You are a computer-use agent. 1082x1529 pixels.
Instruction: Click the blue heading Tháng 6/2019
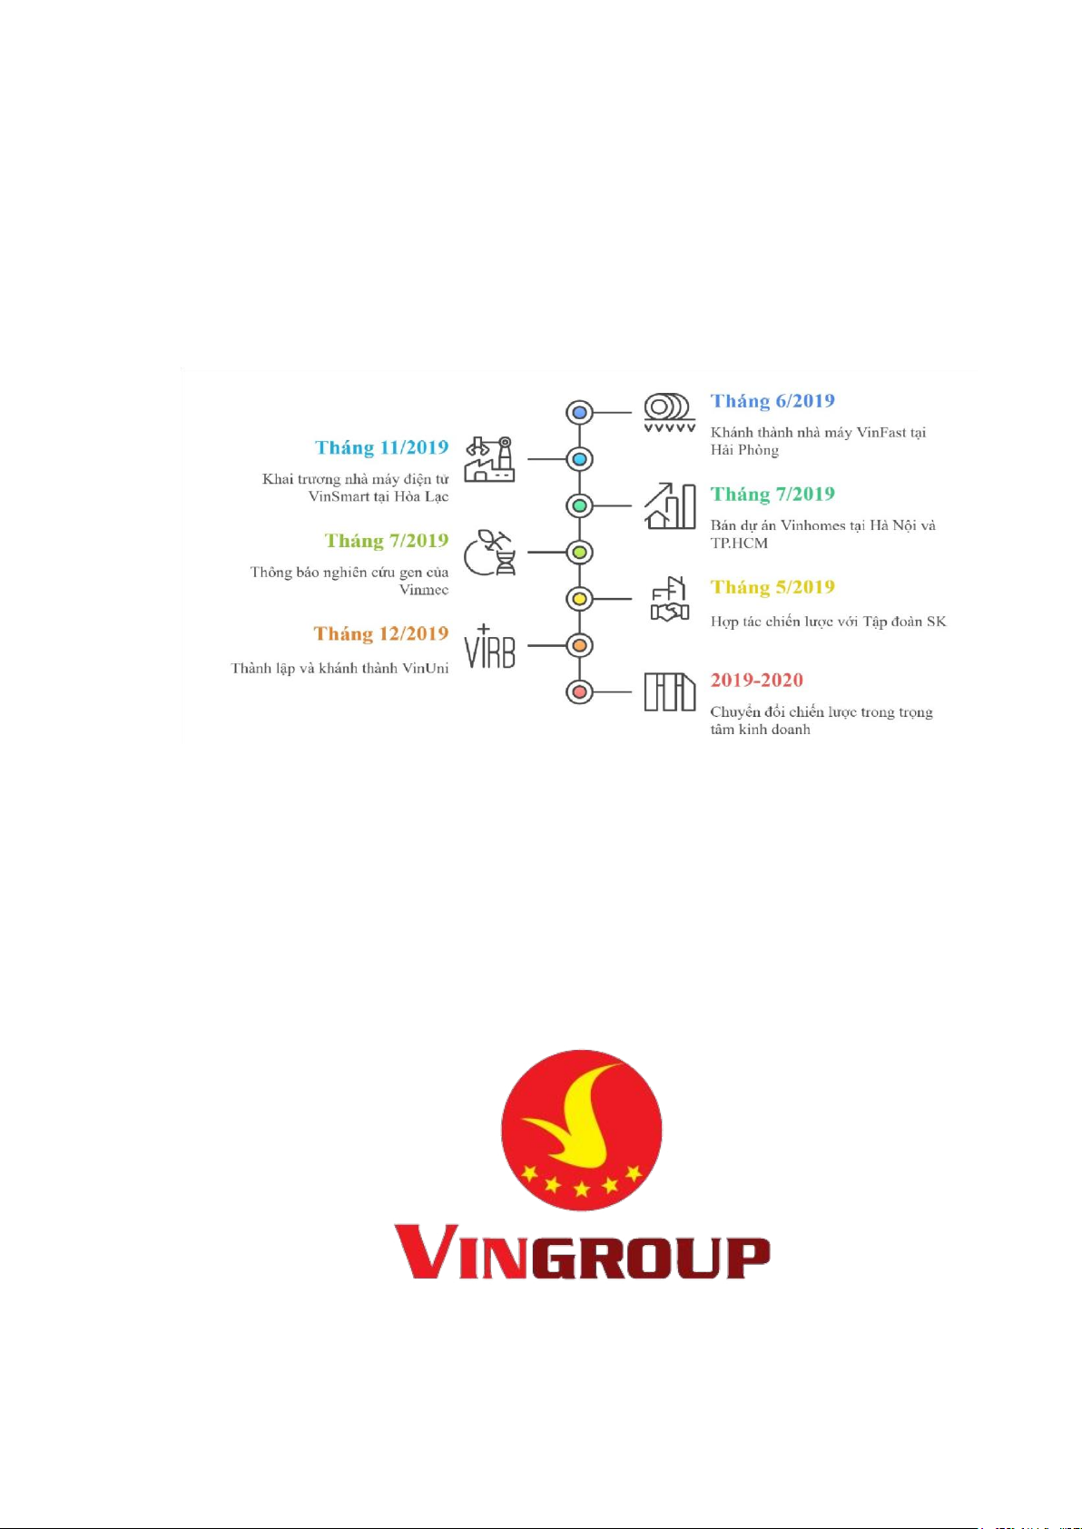coord(772,401)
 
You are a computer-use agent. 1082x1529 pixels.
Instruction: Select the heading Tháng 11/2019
coord(381,447)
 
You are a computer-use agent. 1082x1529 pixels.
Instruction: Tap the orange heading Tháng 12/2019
coord(381,633)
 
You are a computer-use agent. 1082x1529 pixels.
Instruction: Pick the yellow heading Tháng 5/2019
coord(772,587)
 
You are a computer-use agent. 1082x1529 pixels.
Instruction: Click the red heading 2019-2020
coord(756,680)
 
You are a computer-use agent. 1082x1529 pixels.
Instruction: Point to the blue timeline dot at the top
coord(579,412)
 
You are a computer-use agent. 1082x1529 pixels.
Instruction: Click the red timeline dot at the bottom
coord(579,691)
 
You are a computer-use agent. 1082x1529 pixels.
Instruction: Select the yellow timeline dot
coord(579,599)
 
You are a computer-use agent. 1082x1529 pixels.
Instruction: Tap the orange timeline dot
coord(579,645)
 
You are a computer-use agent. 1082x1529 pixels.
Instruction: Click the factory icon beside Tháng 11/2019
coord(489,459)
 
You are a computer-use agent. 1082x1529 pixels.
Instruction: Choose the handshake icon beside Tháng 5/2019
coord(669,599)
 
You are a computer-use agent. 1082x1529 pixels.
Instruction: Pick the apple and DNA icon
coord(489,552)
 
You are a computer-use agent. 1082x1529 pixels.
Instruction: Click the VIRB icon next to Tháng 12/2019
coord(489,646)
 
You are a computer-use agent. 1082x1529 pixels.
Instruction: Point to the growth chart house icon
coord(670,505)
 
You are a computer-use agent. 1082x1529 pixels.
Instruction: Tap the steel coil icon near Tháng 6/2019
coord(670,412)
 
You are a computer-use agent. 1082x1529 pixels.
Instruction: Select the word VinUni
coord(426,668)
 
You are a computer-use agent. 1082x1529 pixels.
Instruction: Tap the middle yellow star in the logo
coord(582,1190)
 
